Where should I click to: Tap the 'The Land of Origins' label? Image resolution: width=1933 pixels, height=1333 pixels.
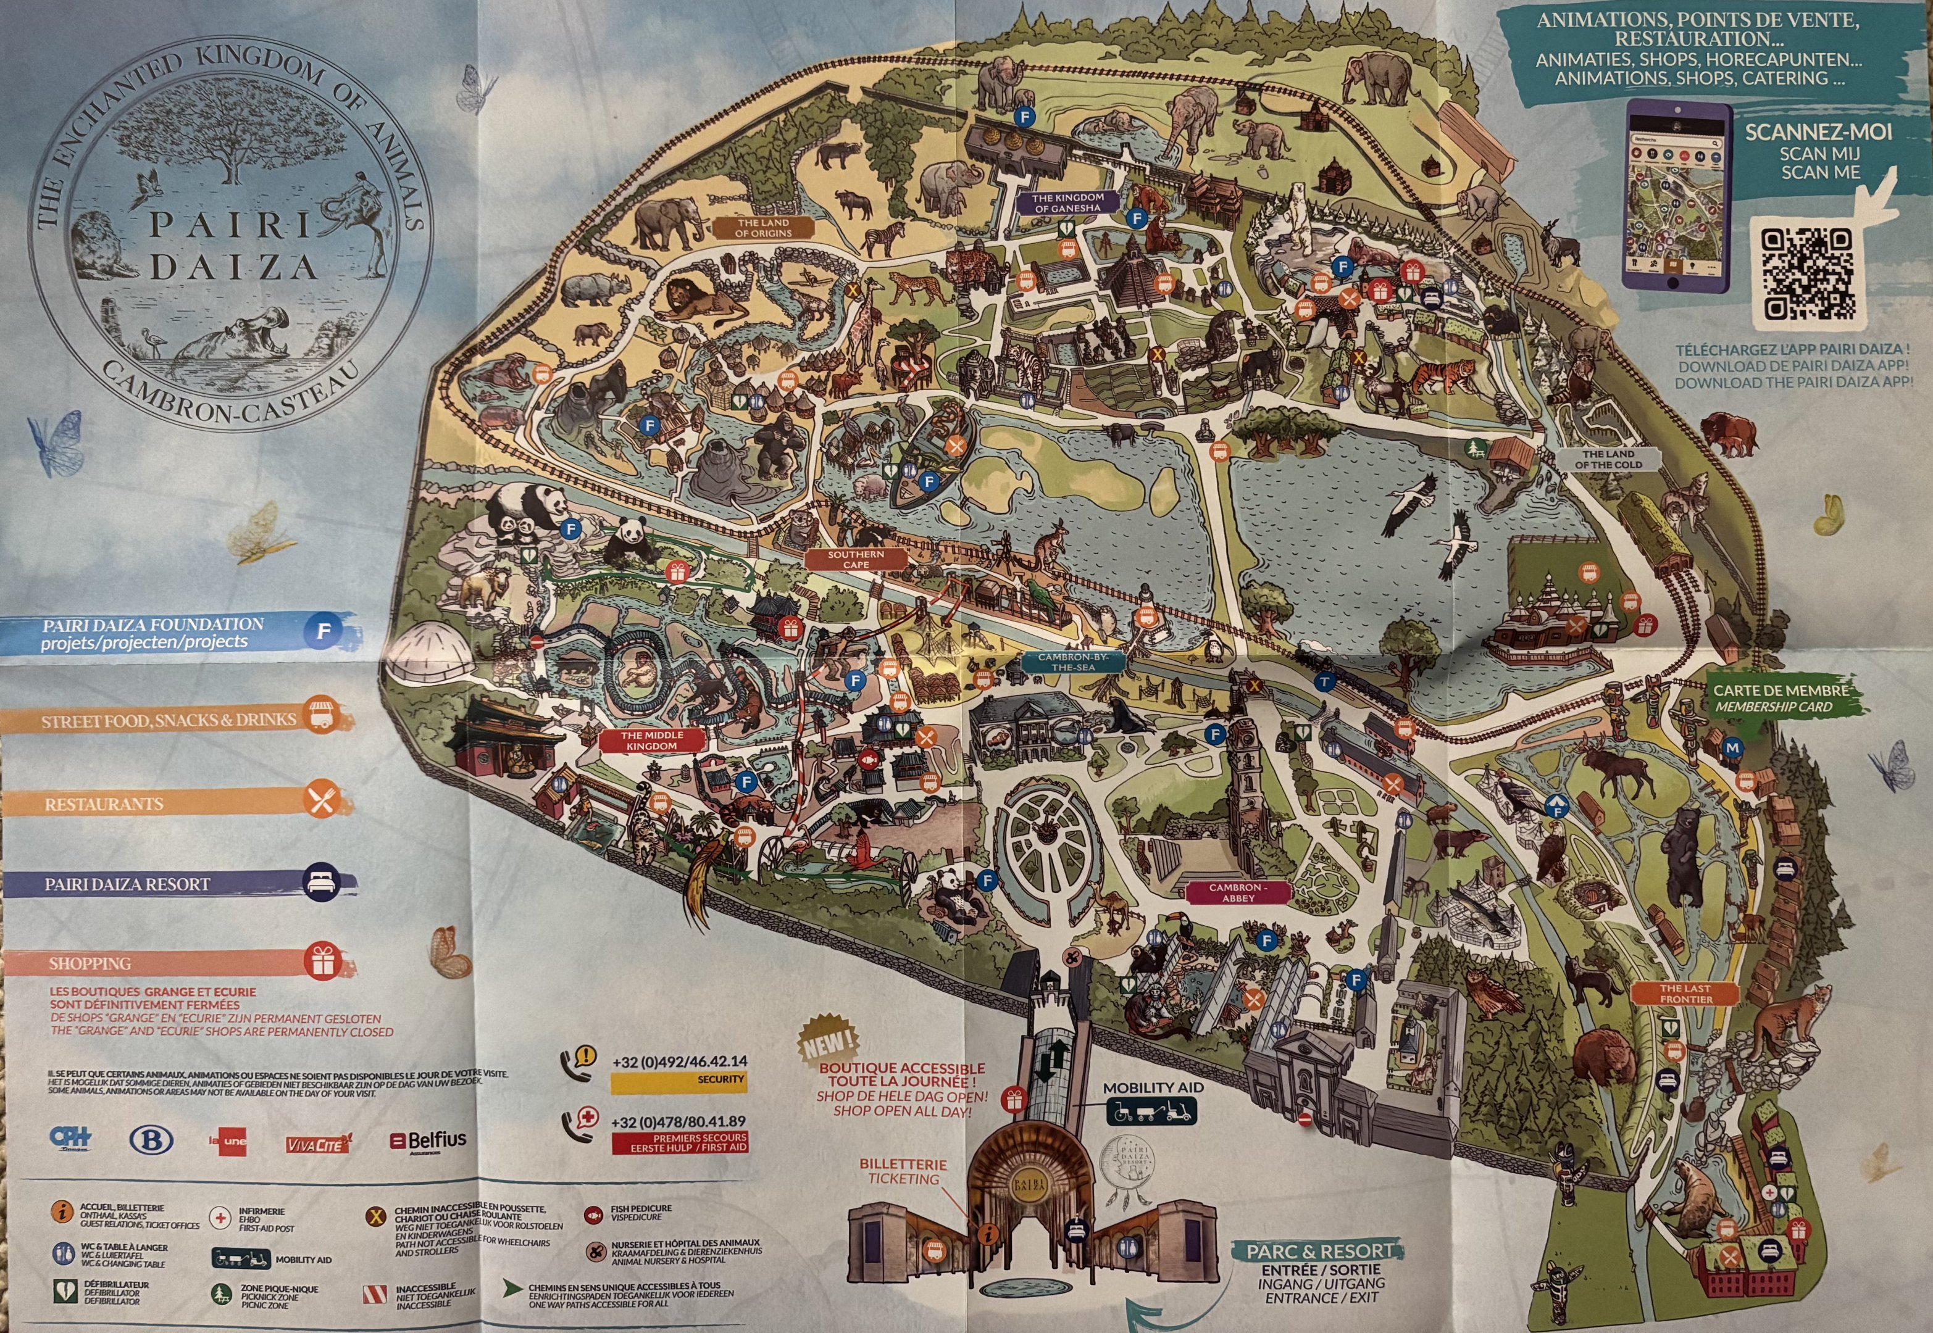click(762, 228)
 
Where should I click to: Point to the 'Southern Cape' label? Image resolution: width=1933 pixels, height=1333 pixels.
click(856, 559)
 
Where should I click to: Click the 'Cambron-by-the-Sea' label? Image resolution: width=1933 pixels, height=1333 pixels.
click(1072, 662)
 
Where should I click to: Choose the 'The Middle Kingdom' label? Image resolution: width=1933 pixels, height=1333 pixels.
click(651, 740)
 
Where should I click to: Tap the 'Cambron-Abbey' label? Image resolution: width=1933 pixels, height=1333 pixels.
click(1238, 892)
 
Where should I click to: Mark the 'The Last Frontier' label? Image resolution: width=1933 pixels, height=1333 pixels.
click(1685, 993)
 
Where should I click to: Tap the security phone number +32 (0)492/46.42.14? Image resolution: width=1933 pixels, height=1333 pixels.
click(679, 1061)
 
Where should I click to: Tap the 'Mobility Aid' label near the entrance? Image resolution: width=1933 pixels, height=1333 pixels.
click(1152, 1088)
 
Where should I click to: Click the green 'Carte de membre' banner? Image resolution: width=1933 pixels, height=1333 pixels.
click(1779, 698)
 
